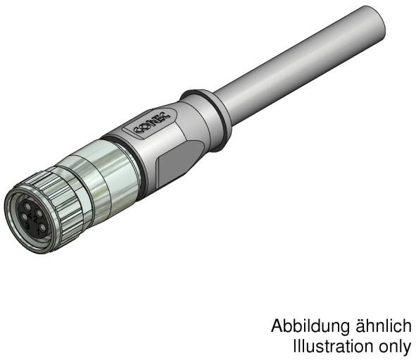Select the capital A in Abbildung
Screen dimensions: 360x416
[x=277, y=328]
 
